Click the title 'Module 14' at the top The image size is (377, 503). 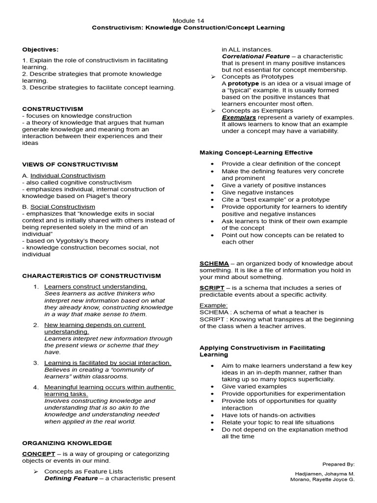188,20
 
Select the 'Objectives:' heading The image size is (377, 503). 40,49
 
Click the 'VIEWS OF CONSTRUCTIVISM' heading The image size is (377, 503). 70,164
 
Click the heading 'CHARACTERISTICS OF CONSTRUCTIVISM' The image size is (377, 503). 91,276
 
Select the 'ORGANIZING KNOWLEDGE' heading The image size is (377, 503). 67,443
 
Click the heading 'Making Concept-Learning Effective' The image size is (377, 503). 256,152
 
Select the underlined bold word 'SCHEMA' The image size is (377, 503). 214,263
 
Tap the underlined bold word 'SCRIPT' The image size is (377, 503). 212,287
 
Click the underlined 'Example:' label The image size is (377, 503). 214,305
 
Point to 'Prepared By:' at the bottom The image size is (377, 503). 338,464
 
